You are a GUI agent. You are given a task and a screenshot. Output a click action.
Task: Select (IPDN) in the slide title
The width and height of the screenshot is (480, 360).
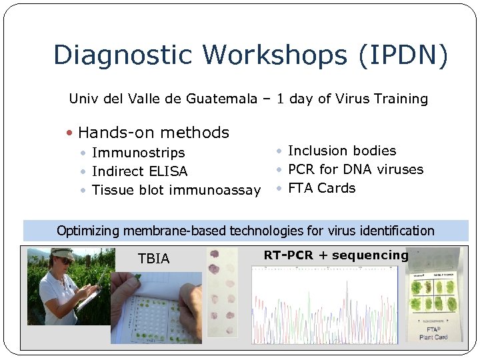403,55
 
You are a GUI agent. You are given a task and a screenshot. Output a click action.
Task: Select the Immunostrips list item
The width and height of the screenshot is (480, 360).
138,153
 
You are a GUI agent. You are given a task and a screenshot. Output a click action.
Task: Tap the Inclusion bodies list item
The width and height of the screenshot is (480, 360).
341,151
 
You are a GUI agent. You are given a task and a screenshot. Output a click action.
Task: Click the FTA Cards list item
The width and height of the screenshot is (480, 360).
321,188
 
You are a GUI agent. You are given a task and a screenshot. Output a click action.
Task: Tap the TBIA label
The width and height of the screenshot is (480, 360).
153,259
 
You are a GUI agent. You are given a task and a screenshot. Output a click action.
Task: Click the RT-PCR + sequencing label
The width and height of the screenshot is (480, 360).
335,255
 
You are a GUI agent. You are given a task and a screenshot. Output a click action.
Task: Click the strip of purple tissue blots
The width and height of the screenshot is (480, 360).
221,293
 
